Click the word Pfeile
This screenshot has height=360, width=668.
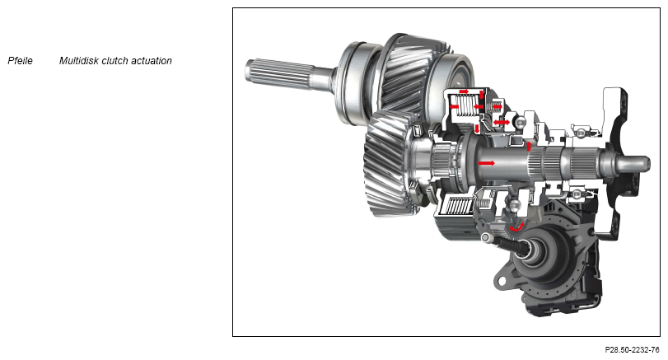pos(20,61)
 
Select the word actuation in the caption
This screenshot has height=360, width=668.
pos(152,61)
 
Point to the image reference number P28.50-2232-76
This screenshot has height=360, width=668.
pos(633,350)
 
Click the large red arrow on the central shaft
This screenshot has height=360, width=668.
pos(487,163)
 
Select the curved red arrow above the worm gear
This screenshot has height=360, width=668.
pos(516,227)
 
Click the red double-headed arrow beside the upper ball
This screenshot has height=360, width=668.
pos(502,123)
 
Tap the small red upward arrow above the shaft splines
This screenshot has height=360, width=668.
pos(529,146)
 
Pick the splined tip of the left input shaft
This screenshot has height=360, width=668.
pos(277,75)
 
